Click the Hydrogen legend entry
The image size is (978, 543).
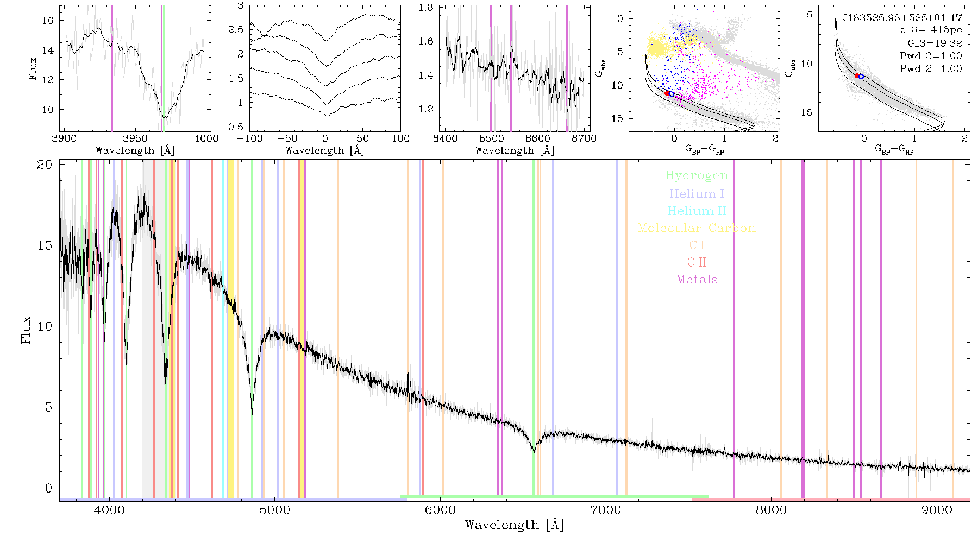(x=696, y=175)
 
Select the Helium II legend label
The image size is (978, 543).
(x=696, y=211)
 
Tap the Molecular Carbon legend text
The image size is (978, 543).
(x=697, y=228)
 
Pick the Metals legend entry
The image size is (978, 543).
(x=697, y=279)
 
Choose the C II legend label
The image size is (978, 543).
(x=697, y=262)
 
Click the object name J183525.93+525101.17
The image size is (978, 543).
(x=902, y=18)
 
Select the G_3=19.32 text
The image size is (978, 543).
(x=935, y=43)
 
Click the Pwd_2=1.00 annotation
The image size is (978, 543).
(x=931, y=69)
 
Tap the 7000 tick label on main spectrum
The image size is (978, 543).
(x=605, y=510)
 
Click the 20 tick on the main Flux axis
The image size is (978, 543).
(x=45, y=165)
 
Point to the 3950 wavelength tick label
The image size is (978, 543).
(x=135, y=138)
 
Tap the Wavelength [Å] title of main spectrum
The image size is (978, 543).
(x=515, y=525)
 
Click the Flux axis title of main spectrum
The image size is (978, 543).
(x=26, y=330)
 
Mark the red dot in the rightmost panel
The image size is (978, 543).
(x=857, y=76)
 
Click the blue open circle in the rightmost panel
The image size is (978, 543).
(x=861, y=77)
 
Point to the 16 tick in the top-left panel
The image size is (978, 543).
(x=48, y=21)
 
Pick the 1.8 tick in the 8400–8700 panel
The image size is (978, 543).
(x=426, y=8)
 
